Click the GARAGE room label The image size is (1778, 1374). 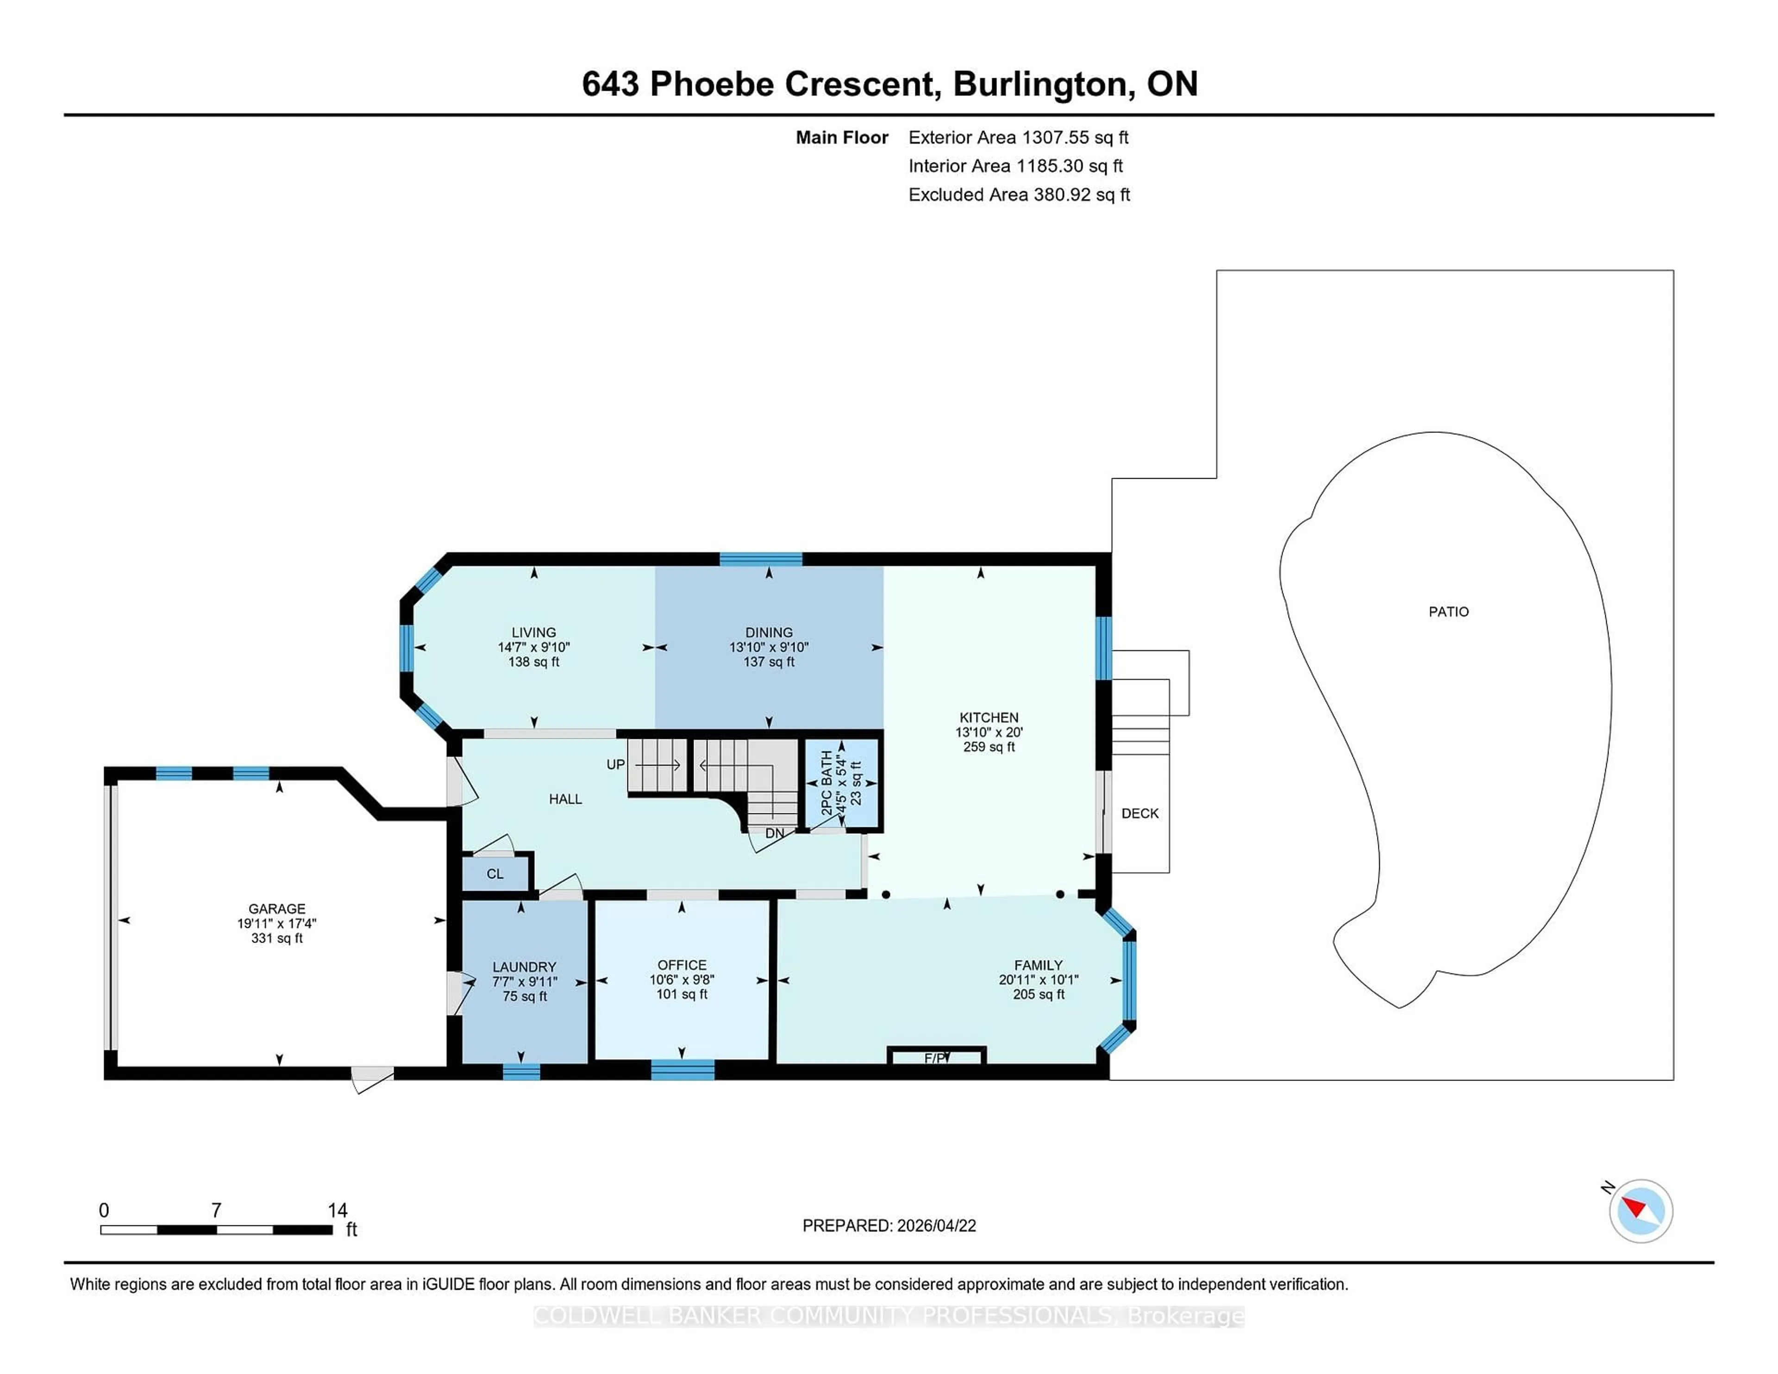tap(277, 908)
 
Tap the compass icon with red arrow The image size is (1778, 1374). tap(1640, 1211)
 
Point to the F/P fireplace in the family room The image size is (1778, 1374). tap(936, 1057)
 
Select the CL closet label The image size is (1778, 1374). tap(495, 874)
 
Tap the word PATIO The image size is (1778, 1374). tap(1448, 611)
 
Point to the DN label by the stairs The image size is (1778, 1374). tap(774, 833)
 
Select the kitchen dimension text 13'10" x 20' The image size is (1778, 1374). tap(989, 732)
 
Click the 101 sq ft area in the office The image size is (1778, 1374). tap(682, 994)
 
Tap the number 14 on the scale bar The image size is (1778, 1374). tap(337, 1211)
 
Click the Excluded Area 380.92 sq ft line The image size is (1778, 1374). tap(1019, 194)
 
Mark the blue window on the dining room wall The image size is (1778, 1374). tap(760, 558)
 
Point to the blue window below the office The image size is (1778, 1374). tap(682, 1070)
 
